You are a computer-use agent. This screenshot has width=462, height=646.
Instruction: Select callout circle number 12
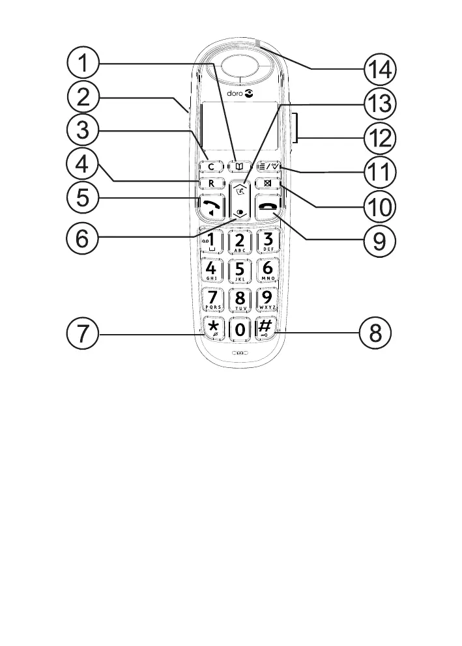click(377, 137)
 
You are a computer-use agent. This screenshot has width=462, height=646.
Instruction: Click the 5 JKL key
click(240, 270)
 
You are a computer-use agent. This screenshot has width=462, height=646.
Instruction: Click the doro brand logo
click(240, 94)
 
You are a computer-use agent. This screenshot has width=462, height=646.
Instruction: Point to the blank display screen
click(239, 128)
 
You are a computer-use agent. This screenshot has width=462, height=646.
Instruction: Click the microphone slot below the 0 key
click(239, 354)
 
